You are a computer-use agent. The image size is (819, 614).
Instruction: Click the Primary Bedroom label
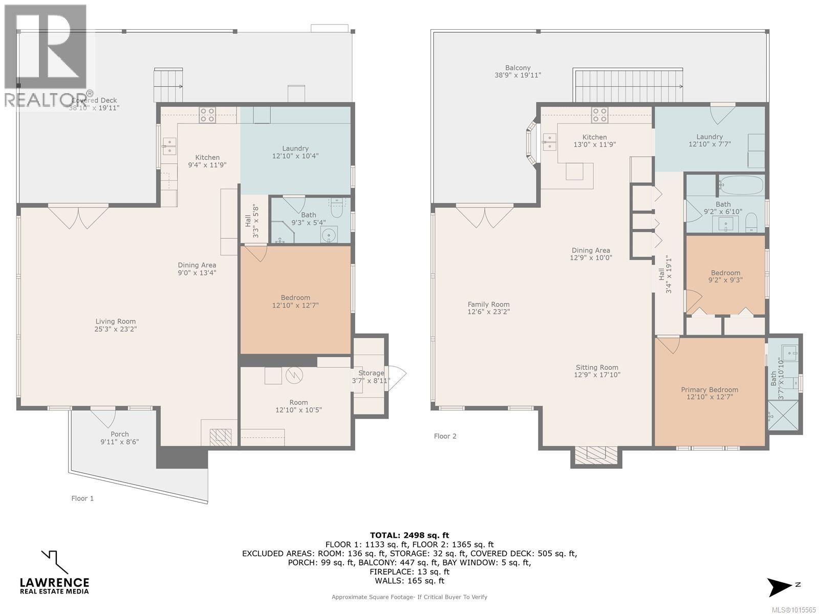[x=709, y=389]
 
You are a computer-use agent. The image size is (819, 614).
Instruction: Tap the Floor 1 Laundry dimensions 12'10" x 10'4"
[x=295, y=156]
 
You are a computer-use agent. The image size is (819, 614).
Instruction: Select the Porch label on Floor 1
[x=120, y=434]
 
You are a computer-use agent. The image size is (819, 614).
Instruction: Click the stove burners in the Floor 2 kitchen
[x=600, y=115]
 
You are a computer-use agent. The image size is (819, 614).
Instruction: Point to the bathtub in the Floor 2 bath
[x=741, y=185]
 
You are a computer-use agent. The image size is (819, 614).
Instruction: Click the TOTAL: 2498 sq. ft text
[x=409, y=536]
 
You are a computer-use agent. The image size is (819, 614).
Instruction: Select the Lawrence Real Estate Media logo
[x=54, y=573]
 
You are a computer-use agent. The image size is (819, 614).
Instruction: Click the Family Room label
[x=488, y=304]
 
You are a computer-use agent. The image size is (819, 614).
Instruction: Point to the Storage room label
[x=371, y=373]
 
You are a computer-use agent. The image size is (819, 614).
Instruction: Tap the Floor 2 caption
[x=445, y=436]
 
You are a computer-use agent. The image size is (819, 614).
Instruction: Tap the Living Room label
[x=116, y=321]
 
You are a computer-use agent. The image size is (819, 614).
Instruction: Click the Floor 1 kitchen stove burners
[x=207, y=115]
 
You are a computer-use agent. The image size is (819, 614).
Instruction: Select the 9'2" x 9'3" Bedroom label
[x=725, y=273]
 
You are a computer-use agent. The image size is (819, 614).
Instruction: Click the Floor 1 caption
[x=82, y=498]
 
